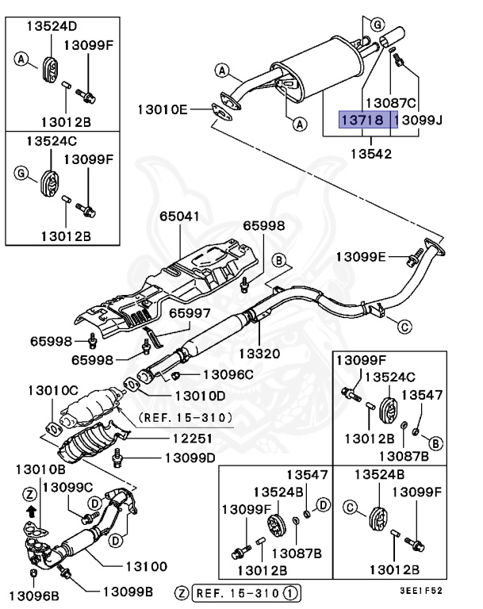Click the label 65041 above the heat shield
(179, 216)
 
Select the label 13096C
(228, 373)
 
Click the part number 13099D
(190, 458)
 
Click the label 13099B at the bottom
(128, 592)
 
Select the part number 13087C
(390, 102)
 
